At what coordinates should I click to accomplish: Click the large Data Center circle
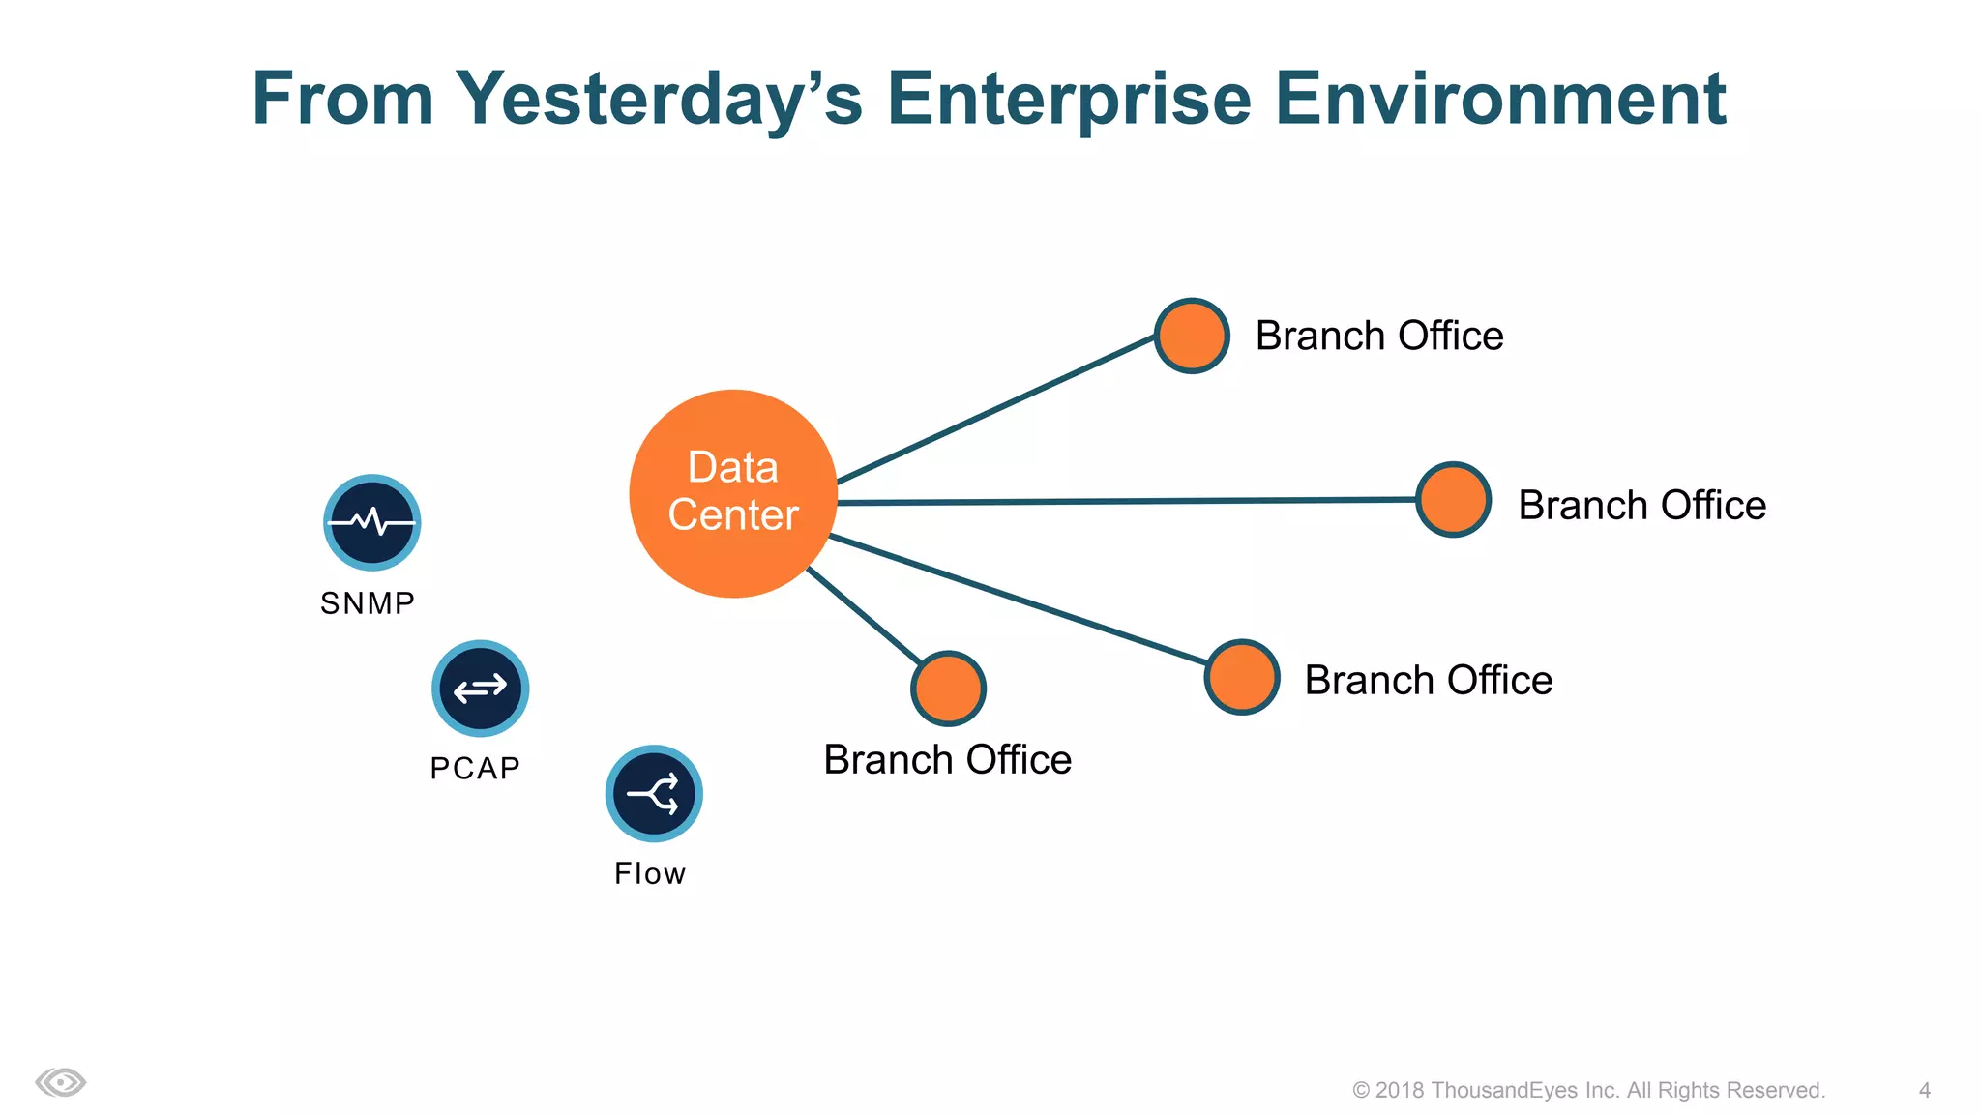pyautogui.click(x=733, y=493)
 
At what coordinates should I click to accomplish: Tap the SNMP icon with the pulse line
pyautogui.click(x=371, y=522)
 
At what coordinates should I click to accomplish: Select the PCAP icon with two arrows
pyautogui.click(x=480, y=689)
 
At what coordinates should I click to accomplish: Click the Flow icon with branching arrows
pyautogui.click(x=654, y=794)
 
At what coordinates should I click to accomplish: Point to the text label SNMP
pyautogui.click(x=368, y=603)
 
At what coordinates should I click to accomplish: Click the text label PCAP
pyautogui.click(x=475, y=768)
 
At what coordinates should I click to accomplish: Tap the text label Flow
pyautogui.click(x=650, y=873)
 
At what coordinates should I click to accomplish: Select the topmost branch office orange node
pyautogui.click(x=1192, y=336)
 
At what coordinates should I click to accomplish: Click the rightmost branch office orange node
pyautogui.click(x=1453, y=500)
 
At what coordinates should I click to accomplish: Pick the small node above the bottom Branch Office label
pyautogui.click(x=948, y=689)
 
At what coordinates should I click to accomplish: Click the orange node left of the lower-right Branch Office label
pyautogui.click(x=1242, y=677)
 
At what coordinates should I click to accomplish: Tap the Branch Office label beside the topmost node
pyautogui.click(x=1378, y=336)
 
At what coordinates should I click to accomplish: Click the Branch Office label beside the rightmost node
pyautogui.click(x=1641, y=505)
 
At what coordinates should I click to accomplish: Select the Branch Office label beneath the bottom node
pyautogui.click(x=947, y=759)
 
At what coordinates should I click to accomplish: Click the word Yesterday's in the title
pyautogui.click(x=659, y=99)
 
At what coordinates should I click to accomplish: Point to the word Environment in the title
pyautogui.click(x=1499, y=99)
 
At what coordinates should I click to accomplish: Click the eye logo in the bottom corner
pyautogui.click(x=61, y=1082)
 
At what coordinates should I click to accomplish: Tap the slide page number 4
pyautogui.click(x=1924, y=1090)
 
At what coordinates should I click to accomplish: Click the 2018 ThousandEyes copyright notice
pyautogui.click(x=1588, y=1090)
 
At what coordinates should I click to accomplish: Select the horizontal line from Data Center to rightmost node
pyautogui.click(x=1122, y=501)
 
